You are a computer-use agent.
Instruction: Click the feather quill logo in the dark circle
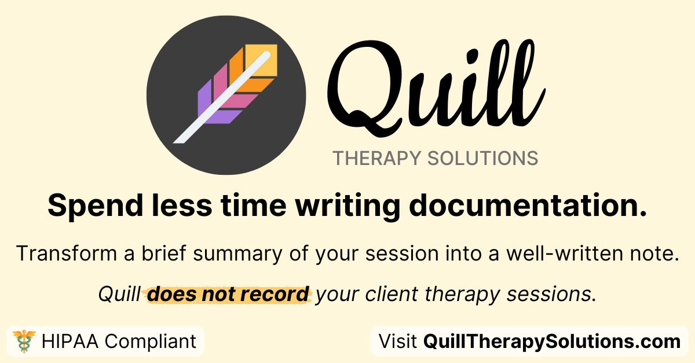click(226, 95)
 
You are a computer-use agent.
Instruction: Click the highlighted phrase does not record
click(228, 294)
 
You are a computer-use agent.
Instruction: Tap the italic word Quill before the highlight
click(119, 294)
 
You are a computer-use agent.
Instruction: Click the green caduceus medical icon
click(24, 341)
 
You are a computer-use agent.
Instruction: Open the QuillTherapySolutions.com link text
click(552, 342)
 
